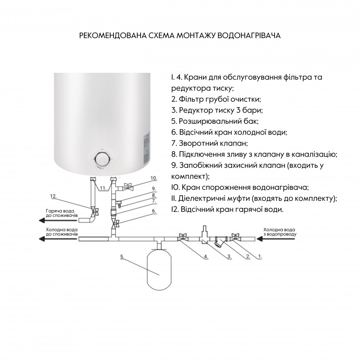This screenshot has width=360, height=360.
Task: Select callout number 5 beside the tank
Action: [122, 256]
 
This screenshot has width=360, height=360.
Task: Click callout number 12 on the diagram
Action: [53, 196]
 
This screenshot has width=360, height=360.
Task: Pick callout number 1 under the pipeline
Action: [260, 256]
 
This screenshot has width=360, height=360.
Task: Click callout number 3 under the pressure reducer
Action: [229, 256]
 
